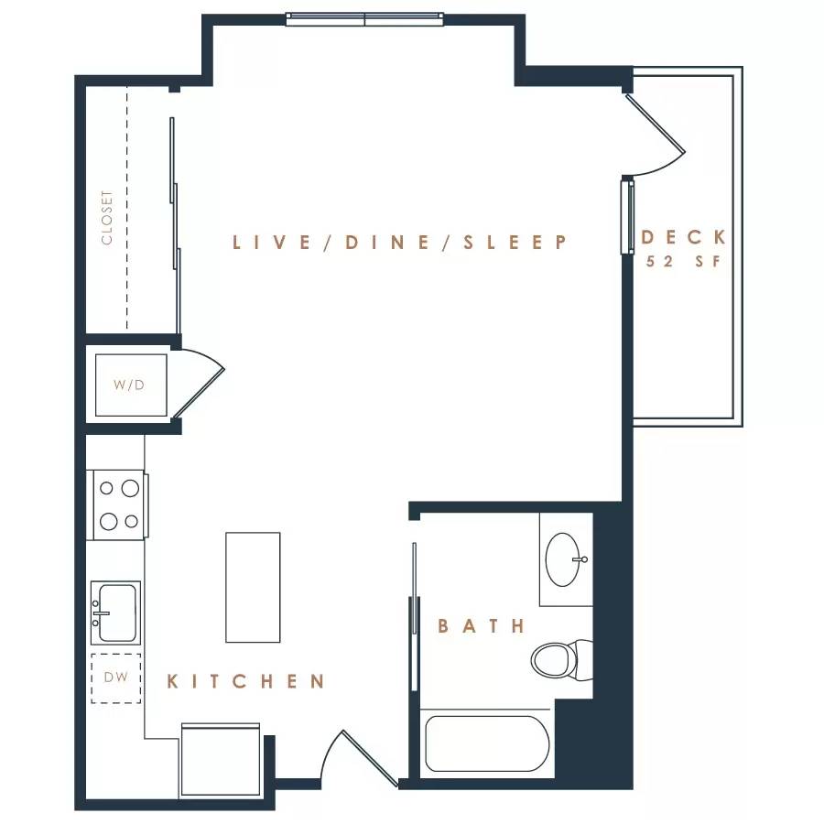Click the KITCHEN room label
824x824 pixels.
point(244,681)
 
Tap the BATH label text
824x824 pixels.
point(481,626)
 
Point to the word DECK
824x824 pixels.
point(683,237)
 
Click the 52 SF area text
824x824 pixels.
point(683,261)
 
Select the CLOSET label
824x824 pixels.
point(107,218)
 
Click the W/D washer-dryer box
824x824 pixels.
point(131,385)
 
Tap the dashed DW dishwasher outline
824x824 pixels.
point(116,678)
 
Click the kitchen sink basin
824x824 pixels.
point(115,613)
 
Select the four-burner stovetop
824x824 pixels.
point(118,505)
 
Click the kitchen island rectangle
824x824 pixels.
point(253,587)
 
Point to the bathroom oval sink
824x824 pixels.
point(563,559)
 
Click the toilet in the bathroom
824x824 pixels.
point(561,660)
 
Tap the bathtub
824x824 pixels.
point(487,743)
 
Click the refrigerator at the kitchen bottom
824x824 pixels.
point(221,759)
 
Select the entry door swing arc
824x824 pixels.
point(329,752)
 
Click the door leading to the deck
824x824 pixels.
point(655,124)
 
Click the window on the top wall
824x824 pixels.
point(364,19)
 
